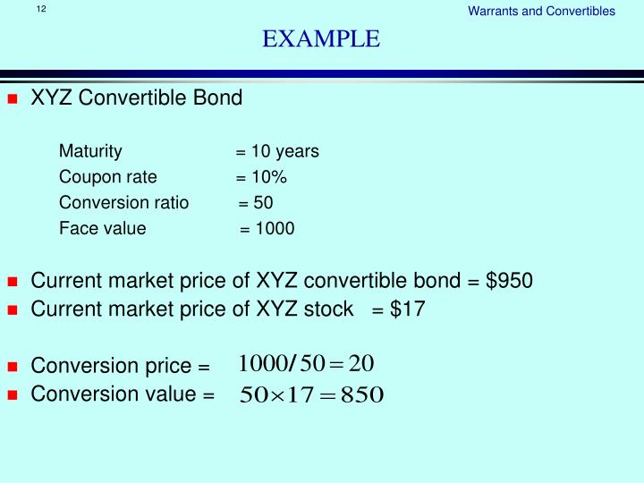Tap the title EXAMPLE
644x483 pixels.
321,39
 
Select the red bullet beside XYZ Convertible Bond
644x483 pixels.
13,99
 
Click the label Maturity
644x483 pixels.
89,151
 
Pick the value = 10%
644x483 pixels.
261,177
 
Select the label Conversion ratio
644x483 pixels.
123,203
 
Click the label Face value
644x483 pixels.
102,229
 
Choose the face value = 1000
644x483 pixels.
267,229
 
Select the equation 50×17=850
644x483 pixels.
311,394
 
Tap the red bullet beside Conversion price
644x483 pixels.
13,368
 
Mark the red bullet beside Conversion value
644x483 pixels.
13,394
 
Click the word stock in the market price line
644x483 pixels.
329,309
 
